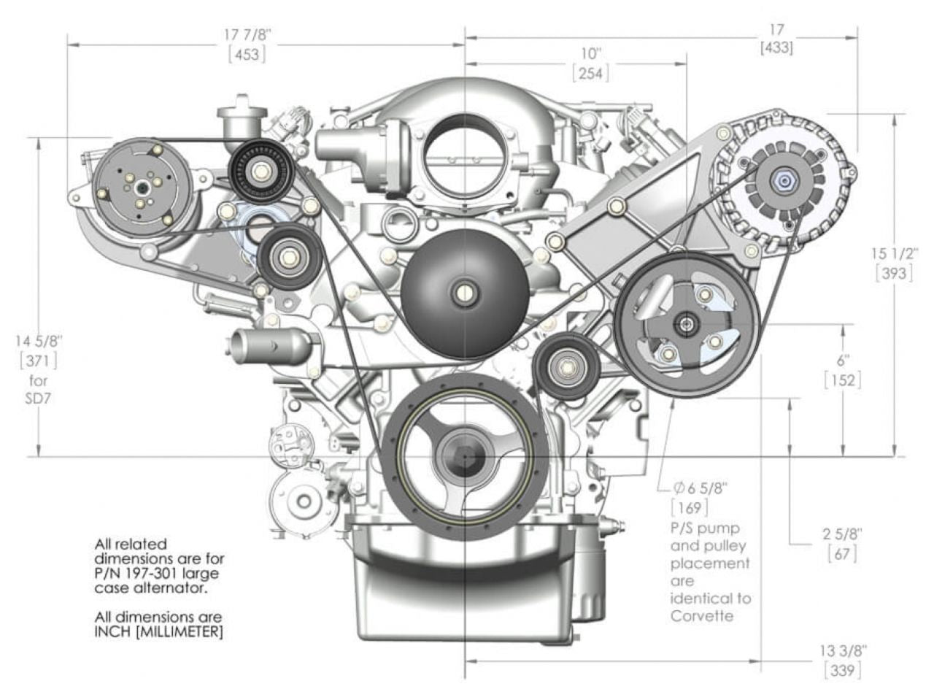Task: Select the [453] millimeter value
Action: pyautogui.click(x=247, y=54)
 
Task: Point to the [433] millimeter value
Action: pyautogui.click(x=776, y=47)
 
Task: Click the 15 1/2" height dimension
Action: pyautogui.click(x=895, y=254)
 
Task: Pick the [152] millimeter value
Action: pyautogui.click(x=843, y=380)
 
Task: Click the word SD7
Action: pyautogui.click(x=38, y=399)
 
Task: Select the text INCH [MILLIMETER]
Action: pyautogui.click(x=158, y=631)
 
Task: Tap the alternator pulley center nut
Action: pyautogui.click(x=784, y=180)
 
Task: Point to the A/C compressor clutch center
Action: pyautogui.click(x=141, y=188)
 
